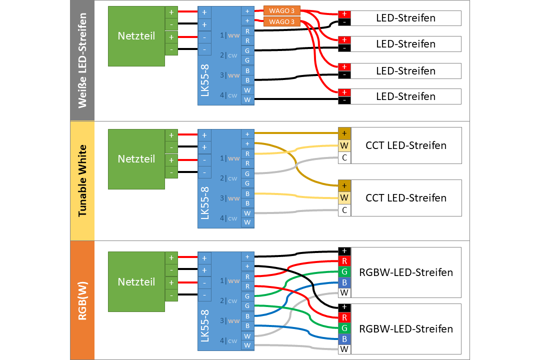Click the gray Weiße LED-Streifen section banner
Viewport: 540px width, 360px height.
[x=82, y=60]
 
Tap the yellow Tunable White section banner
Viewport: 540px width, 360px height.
[x=82, y=181]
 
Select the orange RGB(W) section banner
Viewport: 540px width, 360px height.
[x=82, y=300]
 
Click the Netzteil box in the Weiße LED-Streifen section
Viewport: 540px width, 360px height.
[x=136, y=36]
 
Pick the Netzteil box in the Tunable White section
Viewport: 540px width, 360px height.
[x=136, y=159]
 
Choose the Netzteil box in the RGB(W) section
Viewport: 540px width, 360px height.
[x=136, y=282]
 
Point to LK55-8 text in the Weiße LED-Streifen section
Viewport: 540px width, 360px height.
[x=205, y=80]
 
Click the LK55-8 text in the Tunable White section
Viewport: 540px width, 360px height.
[x=205, y=203]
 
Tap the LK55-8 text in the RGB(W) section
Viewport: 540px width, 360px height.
[x=205, y=326]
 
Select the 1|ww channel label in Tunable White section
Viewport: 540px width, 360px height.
[x=229, y=158]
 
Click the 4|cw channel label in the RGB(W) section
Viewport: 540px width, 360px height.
[x=228, y=340]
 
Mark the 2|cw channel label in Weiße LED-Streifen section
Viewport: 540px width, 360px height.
[x=228, y=55]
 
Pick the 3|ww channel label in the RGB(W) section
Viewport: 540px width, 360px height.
[x=229, y=320]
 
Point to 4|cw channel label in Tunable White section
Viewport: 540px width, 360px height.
[x=228, y=218]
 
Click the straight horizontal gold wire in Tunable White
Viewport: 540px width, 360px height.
[x=296, y=132]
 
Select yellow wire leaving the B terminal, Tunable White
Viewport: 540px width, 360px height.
[x=296, y=196]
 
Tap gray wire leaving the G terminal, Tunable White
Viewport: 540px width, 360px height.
[x=296, y=165]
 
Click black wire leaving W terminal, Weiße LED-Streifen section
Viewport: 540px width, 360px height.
[x=296, y=99]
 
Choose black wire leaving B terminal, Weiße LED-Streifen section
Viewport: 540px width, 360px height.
[x=296, y=77]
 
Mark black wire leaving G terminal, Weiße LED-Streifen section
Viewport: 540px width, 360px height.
[x=296, y=49]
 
